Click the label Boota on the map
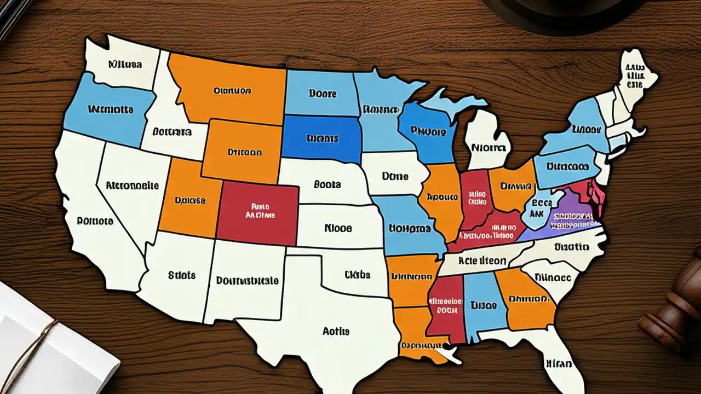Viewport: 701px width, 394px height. click(x=327, y=184)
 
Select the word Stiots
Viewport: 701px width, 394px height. click(x=181, y=275)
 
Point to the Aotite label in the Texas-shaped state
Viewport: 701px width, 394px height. click(x=336, y=331)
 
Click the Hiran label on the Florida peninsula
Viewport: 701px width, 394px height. click(x=559, y=363)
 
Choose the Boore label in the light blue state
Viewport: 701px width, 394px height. click(x=323, y=94)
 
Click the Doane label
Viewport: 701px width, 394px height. click(x=395, y=177)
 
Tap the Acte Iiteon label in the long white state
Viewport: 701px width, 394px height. click(x=482, y=261)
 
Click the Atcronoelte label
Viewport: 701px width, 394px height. click(x=131, y=185)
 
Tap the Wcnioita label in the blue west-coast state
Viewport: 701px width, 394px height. click(x=110, y=109)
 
